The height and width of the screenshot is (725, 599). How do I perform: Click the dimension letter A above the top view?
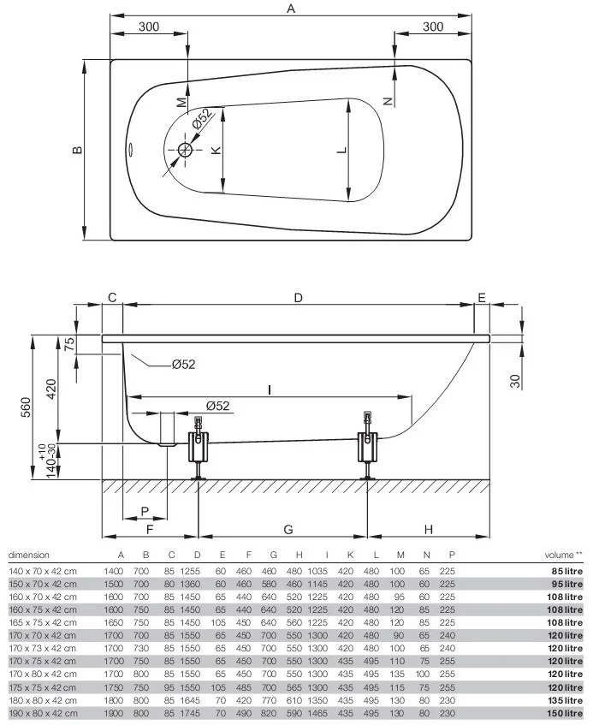pyautogui.click(x=291, y=9)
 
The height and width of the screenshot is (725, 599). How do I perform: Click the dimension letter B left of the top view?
pyautogui.click(x=76, y=150)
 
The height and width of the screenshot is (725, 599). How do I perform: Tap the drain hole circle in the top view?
pyautogui.click(x=186, y=150)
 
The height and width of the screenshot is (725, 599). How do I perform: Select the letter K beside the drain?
pyautogui.click(x=216, y=150)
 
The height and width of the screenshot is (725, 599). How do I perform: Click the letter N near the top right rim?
pyautogui.click(x=388, y=101)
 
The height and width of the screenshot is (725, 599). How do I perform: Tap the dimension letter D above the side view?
pyautogui.click(x=298, y=298)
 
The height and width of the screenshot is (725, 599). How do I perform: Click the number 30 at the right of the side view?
pyautogui.click(x=515, y=381)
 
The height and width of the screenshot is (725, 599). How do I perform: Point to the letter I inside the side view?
pyautogui.click(x=270, y=389)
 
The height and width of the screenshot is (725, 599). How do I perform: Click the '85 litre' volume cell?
pyautogui.click(x=567, y=571)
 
